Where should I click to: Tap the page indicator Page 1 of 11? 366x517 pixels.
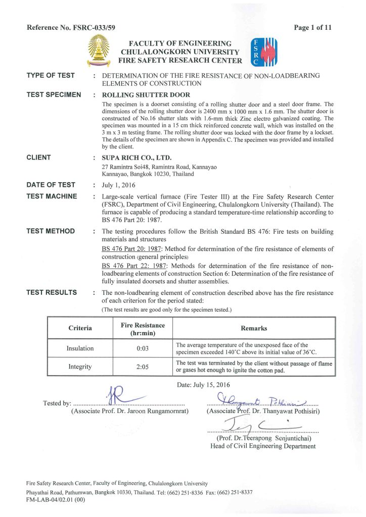coord(313,28)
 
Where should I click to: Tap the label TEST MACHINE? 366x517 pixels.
coord(52,196)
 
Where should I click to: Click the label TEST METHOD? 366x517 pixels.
coord(51,231)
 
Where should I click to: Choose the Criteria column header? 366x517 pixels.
coord(80,328)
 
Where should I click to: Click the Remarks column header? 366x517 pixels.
coord(254,328)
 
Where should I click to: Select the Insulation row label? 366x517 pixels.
coord(80,348)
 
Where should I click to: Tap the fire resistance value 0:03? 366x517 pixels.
coord(143,348)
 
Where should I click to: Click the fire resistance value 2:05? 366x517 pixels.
coord(143,367)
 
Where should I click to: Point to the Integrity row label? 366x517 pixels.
coord(80,367)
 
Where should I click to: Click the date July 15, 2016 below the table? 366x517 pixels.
coord(208,385)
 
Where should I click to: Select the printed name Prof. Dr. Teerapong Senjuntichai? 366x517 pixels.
coord(263,438)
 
